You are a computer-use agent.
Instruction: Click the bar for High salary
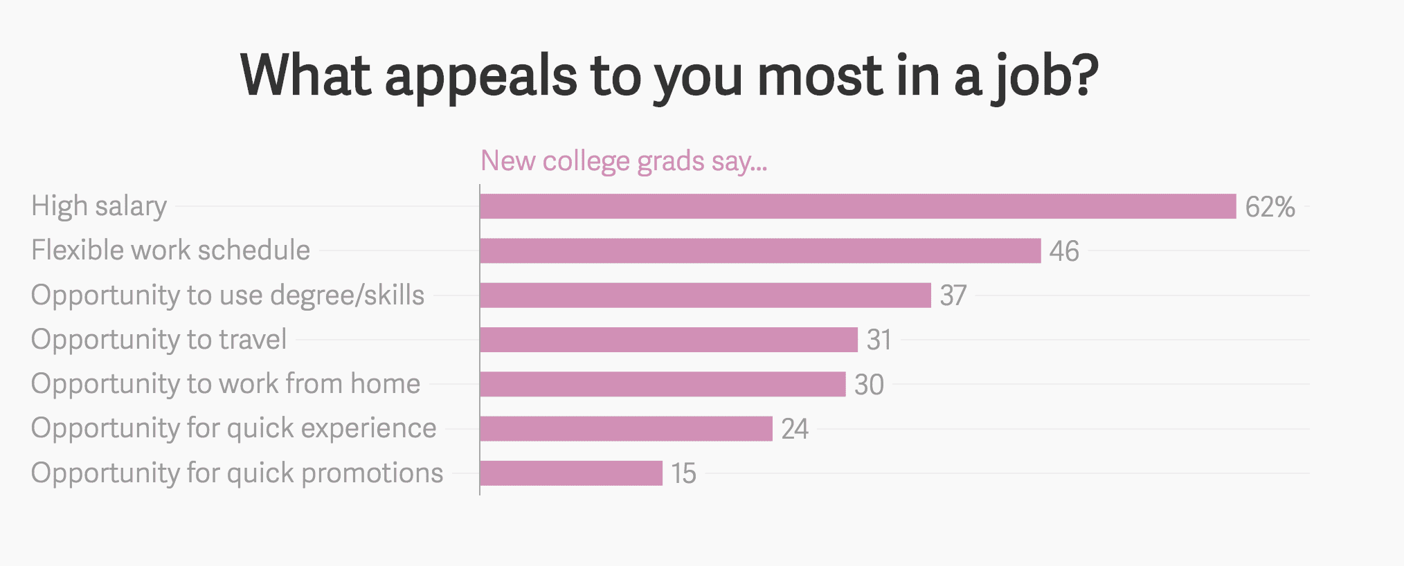858,206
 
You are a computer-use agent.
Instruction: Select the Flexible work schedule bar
760,250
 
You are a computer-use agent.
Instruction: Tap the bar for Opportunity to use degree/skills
705,295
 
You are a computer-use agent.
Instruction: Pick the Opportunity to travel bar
669,340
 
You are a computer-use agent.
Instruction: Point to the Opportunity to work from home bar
663,384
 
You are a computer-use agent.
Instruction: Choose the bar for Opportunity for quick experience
626,428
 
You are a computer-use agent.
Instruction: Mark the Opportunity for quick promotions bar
571,473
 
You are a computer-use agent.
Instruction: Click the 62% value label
1270,207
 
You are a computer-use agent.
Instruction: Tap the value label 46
1064,251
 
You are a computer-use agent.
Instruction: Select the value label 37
953,295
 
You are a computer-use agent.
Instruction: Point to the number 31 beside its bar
879,340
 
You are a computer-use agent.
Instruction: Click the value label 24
795,429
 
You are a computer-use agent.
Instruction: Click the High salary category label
99,206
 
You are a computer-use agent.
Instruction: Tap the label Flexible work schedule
170,250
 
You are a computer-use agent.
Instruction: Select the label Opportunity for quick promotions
237,473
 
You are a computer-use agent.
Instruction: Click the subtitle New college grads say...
624,161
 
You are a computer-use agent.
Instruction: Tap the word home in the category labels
385,384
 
